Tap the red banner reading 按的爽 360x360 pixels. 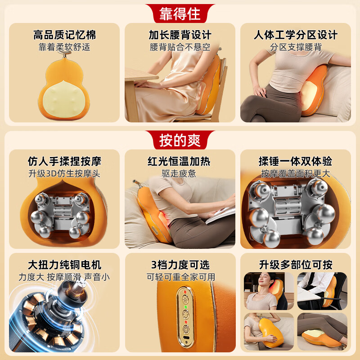pyautogui.click(x=180, y=140)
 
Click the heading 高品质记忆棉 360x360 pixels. pyautogui.click(x=65, y=35)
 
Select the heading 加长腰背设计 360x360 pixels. pyautogui.click(x=180, y=35)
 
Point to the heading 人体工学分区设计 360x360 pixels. pyautogui.click(x=296, y=35)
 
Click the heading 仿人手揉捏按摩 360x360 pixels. pyautogui.click(x=65, y=162)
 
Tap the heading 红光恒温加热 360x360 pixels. pyautogui.click(x=180, y=162)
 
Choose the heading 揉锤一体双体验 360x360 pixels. pyautogui.click(x=296, y=162)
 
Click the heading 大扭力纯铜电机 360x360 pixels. pyautogui.click(x=65, y=265)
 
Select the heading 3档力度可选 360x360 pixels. pyautogui.click(x=180, y=265)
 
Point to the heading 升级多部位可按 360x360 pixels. pyautogui.click(x=296, y=265)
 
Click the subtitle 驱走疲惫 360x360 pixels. pyautogui.click(x=180, y=173)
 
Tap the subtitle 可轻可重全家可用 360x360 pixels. pyautogui.click(x=180, y=277)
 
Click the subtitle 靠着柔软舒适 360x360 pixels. pyautogui.click(x=65, y=46)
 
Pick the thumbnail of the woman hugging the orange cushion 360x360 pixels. pyautogui.click(x=268, y=332)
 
